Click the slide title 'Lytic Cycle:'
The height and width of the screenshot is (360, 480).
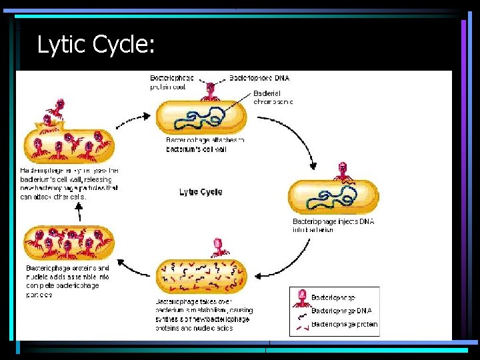click(96, 45)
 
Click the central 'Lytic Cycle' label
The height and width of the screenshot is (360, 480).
click(201, 192)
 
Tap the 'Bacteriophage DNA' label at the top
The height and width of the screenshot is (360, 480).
click(259, 78)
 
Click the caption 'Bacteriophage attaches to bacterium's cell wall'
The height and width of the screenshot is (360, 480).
click(205, 145)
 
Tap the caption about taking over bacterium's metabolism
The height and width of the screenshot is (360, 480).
click(204, 315)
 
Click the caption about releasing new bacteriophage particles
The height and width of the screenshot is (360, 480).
click(69, 183)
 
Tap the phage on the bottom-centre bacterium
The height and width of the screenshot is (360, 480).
click(217, 247)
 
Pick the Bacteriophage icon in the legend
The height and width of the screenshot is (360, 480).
click(301, 296)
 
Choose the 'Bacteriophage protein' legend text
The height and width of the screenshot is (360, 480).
click(344, 325)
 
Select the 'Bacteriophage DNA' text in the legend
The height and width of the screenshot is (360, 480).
click(341, 311)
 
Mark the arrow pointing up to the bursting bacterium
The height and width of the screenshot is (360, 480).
click(78, 213)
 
